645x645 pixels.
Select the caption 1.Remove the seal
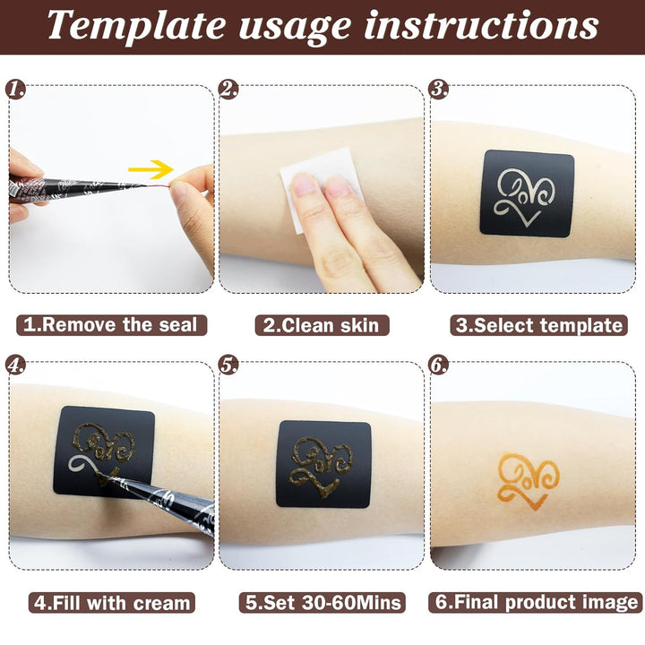click(109, 324)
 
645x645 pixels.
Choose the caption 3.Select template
click(538, 324)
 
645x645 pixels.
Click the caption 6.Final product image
click(537, 602)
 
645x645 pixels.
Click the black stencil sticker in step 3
click(526, 193)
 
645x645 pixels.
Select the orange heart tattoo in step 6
click(529, 478)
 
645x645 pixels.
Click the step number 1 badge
click(15, 89)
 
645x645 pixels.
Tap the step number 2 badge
click(228, 89)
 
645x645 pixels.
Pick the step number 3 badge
click(439, 89)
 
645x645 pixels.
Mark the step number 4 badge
click(15, 365)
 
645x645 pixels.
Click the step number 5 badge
click(228, 365)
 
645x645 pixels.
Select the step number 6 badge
click(439, 365)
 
